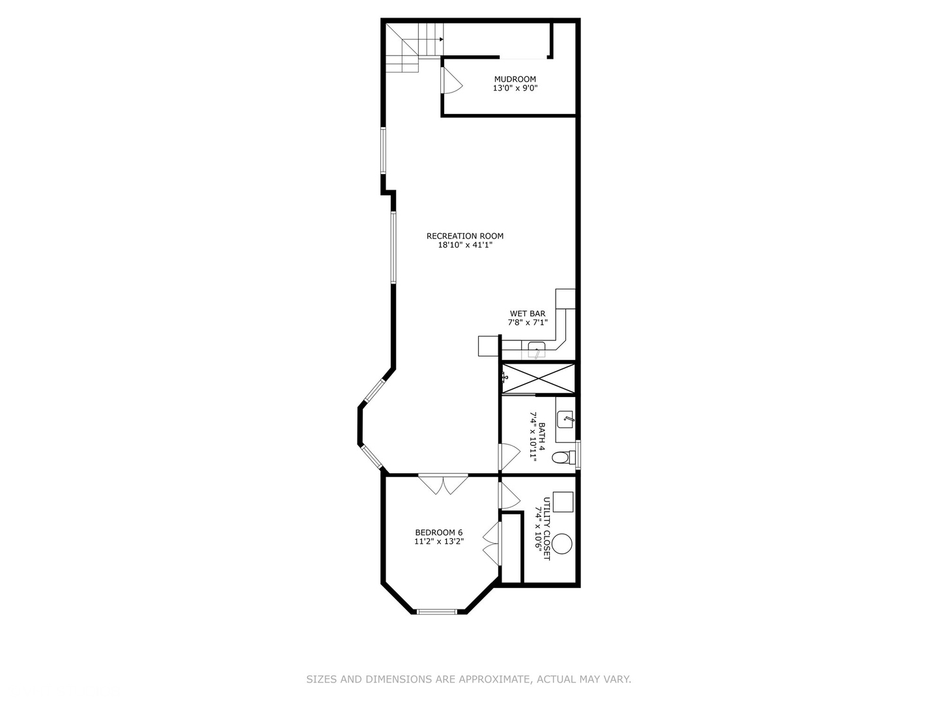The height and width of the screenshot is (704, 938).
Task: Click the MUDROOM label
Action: click(515, 79)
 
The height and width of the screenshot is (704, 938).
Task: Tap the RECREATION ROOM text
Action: click(465, 236)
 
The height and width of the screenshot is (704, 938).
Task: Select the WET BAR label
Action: click(528, 314)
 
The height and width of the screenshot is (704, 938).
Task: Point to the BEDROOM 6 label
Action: click(439, 532)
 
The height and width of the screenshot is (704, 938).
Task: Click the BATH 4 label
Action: click(541, 437)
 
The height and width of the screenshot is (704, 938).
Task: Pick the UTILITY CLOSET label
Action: click(547, 529)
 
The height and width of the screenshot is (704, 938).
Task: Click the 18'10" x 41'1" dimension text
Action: click(465, 245)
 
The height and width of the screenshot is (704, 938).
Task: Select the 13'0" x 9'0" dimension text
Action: click(515, 89)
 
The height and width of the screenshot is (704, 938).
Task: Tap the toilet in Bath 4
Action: click(563, 458)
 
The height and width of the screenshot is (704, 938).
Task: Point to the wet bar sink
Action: click(536, 349)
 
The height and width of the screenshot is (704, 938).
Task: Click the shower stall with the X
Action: click(538, 378)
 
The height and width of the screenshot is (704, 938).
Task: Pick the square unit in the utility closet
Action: click(563, 502)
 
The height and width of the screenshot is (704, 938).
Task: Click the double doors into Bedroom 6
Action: click(443, 484)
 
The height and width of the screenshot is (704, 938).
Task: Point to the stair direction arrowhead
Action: click(442, 39)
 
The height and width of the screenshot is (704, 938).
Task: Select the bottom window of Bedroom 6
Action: click(436, 611)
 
